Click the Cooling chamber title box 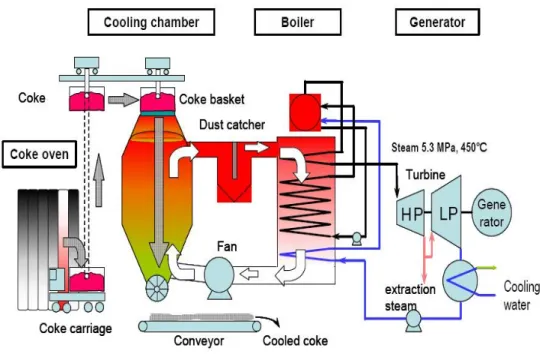[151, 22]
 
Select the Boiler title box [297, 22]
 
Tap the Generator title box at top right [437, 22]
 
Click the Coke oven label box [39, 154]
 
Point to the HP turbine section [411, 213]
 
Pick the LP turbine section [447, 212]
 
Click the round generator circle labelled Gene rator [491, 212]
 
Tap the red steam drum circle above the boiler [305, 112]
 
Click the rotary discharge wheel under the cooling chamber [157, 288]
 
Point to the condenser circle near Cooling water [460, 281]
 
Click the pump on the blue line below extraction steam [413, 320]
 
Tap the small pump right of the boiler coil [357, 238]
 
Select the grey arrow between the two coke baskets [123, 100]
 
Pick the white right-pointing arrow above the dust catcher [257, 147]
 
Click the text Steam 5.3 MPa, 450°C [439, 147]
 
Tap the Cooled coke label [295, 341]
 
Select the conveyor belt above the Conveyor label [200, 326]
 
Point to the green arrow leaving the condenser [487, 268]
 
